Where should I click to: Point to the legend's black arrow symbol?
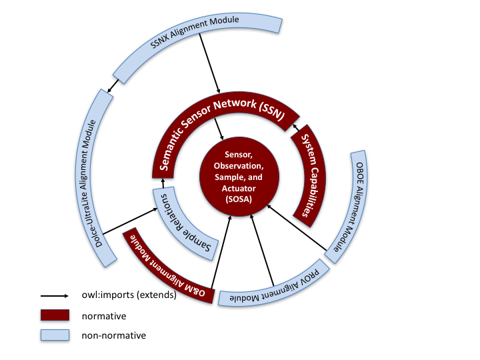coord(56,295)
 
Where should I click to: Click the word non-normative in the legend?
coord(113,335)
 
